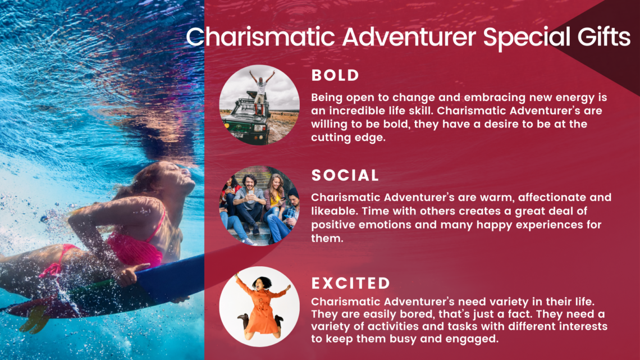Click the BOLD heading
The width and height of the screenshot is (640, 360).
click(335, 75)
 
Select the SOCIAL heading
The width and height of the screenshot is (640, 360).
click(345, 176)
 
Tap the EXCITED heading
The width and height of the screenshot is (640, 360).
click(351, 283)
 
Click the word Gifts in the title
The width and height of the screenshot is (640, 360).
click(604, 38)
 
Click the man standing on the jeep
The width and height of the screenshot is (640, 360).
click(261, 92)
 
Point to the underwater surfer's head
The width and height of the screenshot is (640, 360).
click(171, 180)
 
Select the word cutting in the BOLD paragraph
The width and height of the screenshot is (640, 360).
click(330, 138)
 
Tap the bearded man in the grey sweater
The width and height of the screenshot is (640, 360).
click(248, 202)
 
